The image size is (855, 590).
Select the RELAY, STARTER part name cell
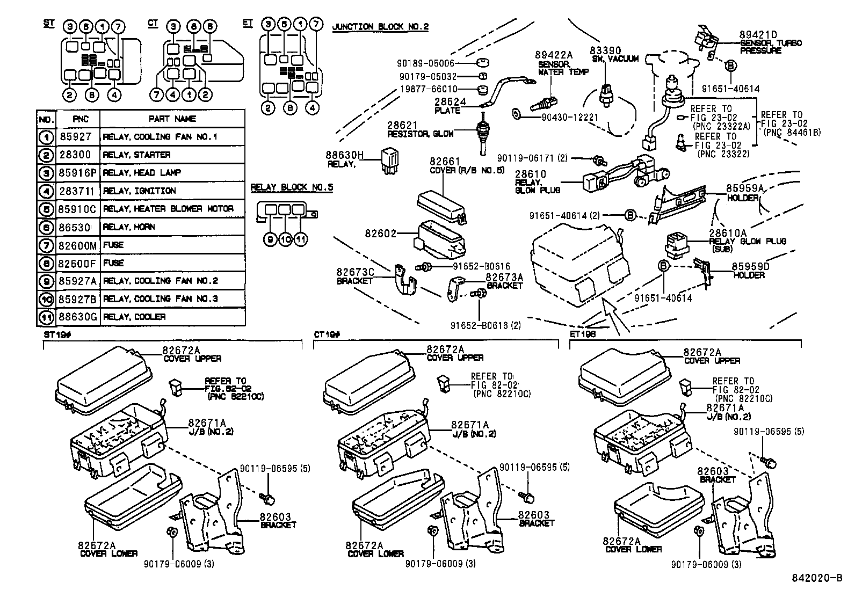[136, 155]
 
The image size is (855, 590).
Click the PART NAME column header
[172, 119]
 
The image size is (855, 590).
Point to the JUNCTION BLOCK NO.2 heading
[380, 27]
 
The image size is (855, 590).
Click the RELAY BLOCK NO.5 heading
[292, 188]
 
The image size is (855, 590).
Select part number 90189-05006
[427, 63]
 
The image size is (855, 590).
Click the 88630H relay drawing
[390, 159]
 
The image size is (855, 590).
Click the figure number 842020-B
[817, 578]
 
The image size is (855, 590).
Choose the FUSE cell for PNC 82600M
[113, 245]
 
